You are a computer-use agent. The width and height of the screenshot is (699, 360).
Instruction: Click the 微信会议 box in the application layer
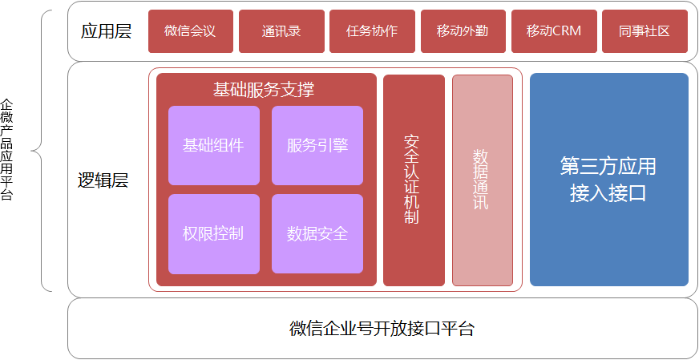(x=191, y=31)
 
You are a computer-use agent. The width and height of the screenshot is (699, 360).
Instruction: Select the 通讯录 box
(x=281, y=31)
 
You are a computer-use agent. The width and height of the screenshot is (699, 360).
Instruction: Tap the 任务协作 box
(x=372, y=31)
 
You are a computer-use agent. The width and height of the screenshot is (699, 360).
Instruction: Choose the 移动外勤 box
(x=463, y=31)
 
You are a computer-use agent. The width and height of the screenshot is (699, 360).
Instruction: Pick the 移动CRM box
(x=554, y=31)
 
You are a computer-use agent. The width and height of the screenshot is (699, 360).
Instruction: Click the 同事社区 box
(x=644, y=31)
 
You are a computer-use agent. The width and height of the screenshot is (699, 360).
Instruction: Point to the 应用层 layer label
(x=106, y=31)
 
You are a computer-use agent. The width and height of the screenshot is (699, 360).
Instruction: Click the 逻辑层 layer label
(x=103, y=180)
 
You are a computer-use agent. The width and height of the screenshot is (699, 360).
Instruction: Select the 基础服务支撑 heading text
(x=264, y=89)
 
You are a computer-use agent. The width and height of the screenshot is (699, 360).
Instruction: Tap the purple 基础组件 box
(x=213, y=145)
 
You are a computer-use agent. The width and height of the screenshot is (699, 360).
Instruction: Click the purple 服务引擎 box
(x=317, y=145)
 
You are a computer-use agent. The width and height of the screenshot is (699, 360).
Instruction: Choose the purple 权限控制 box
(x=213, y=233)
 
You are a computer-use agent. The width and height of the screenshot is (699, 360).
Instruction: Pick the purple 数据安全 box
(x=317, y=233)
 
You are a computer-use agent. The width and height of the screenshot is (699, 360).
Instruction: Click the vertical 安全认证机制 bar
(x=414, y=180)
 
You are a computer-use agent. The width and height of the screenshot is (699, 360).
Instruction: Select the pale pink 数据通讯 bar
(x=482, y=180)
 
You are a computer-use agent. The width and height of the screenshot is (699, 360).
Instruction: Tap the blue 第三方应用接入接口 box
(x=608, y=180)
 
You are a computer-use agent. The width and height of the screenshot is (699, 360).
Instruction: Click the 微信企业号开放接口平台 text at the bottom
(x=382, y=329)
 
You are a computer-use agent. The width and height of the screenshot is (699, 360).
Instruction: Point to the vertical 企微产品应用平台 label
(x=7, y=149)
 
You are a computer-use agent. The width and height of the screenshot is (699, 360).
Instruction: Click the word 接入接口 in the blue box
(x=608, y=194)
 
